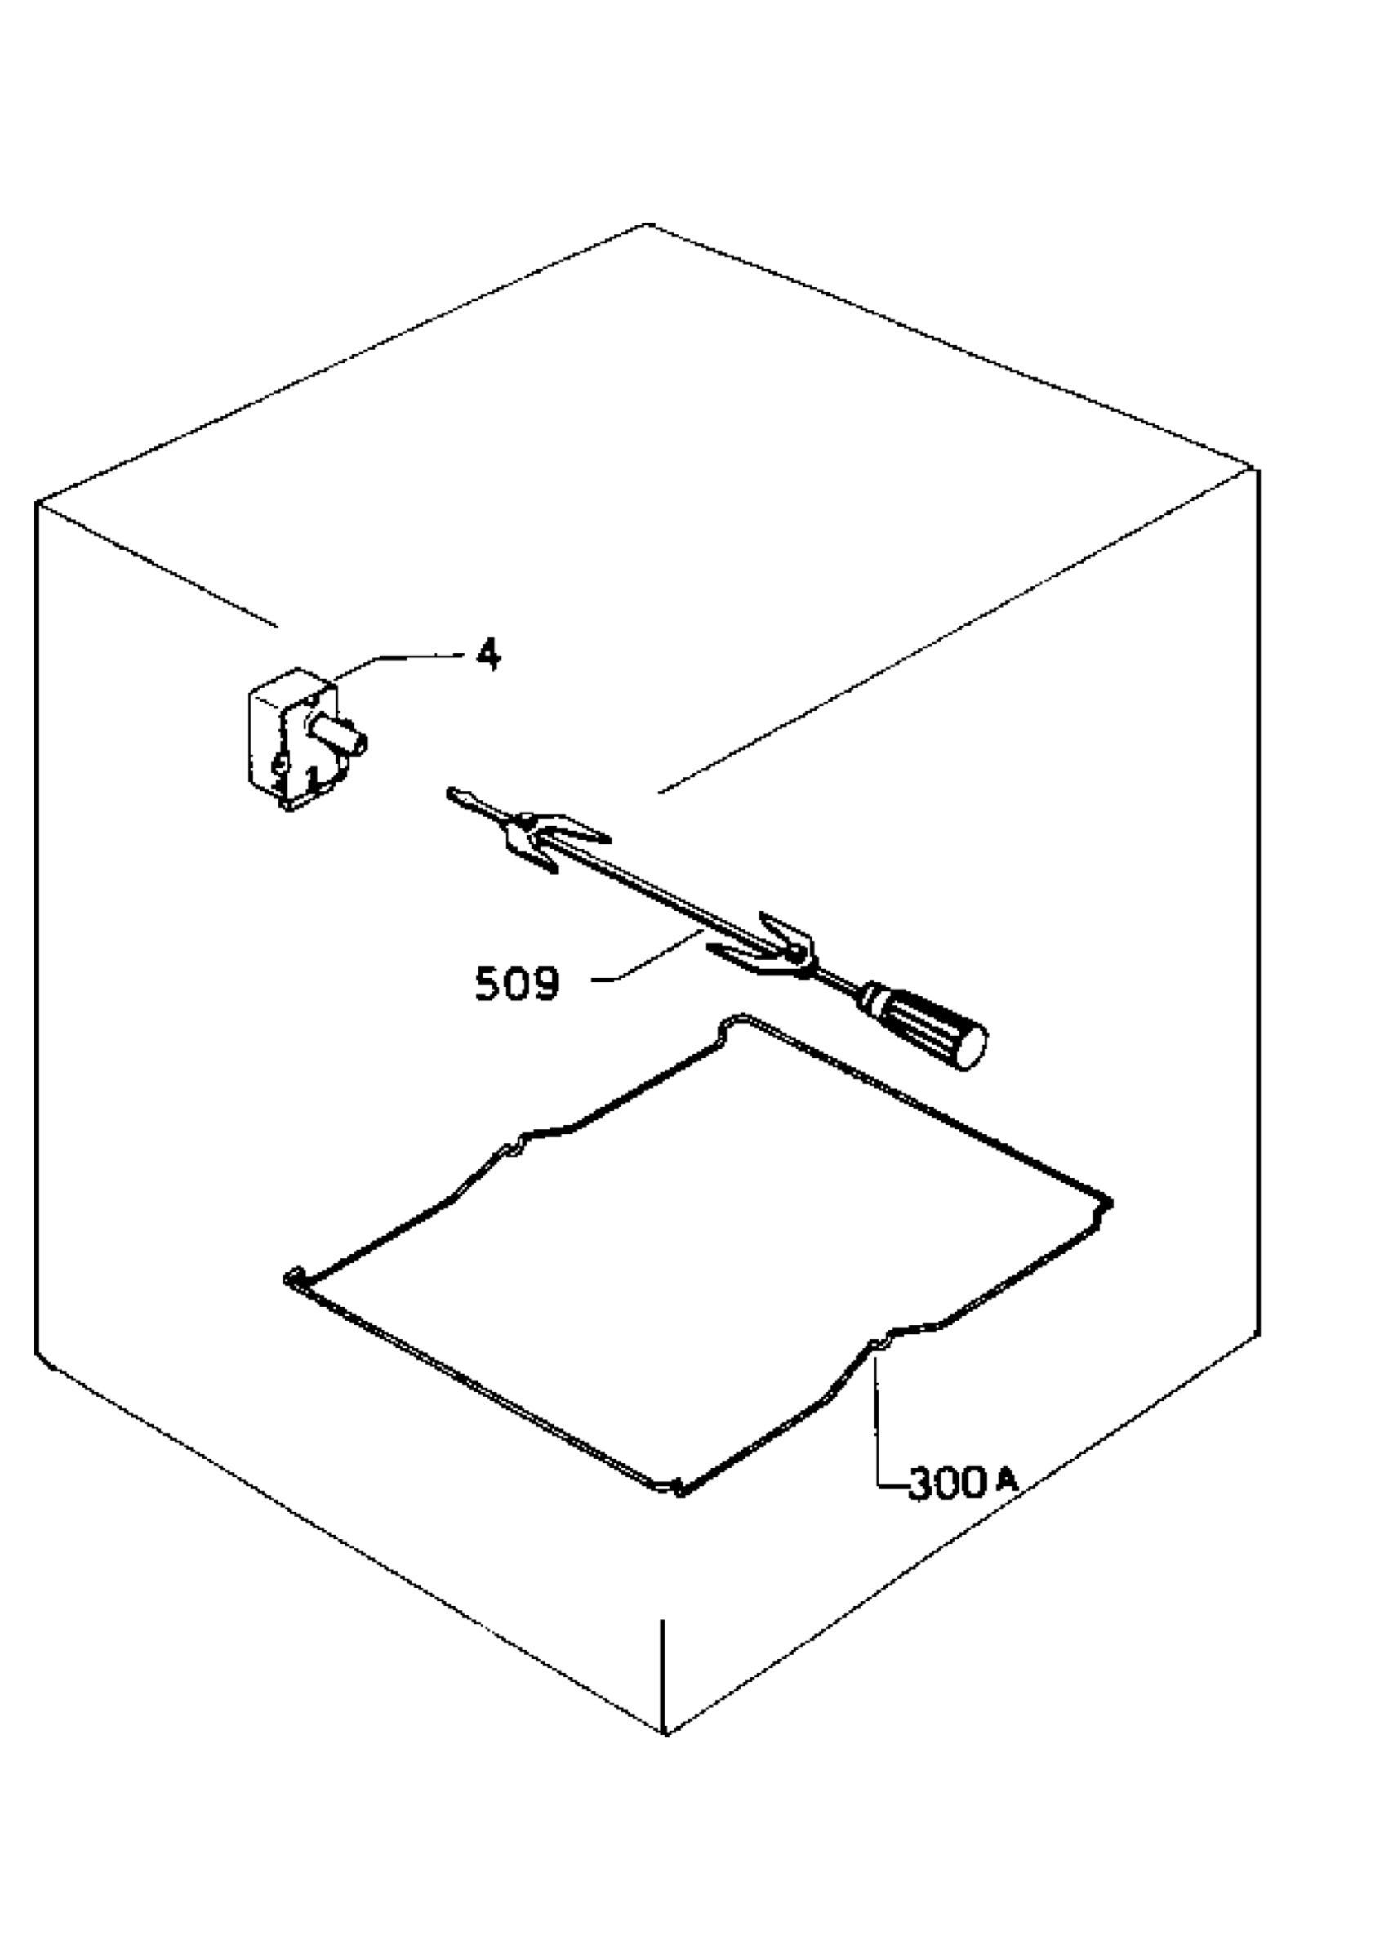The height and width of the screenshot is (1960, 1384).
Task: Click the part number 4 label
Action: pos(488,655)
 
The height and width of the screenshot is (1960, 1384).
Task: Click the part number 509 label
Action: pos(517,983)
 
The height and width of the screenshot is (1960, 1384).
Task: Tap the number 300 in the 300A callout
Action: pos(947,1484)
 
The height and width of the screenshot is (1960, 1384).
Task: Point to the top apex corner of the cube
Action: pos(647,225)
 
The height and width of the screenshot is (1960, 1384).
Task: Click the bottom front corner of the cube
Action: pos(665,1733)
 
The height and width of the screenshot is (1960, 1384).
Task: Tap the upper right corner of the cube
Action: pos(1256,469)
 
